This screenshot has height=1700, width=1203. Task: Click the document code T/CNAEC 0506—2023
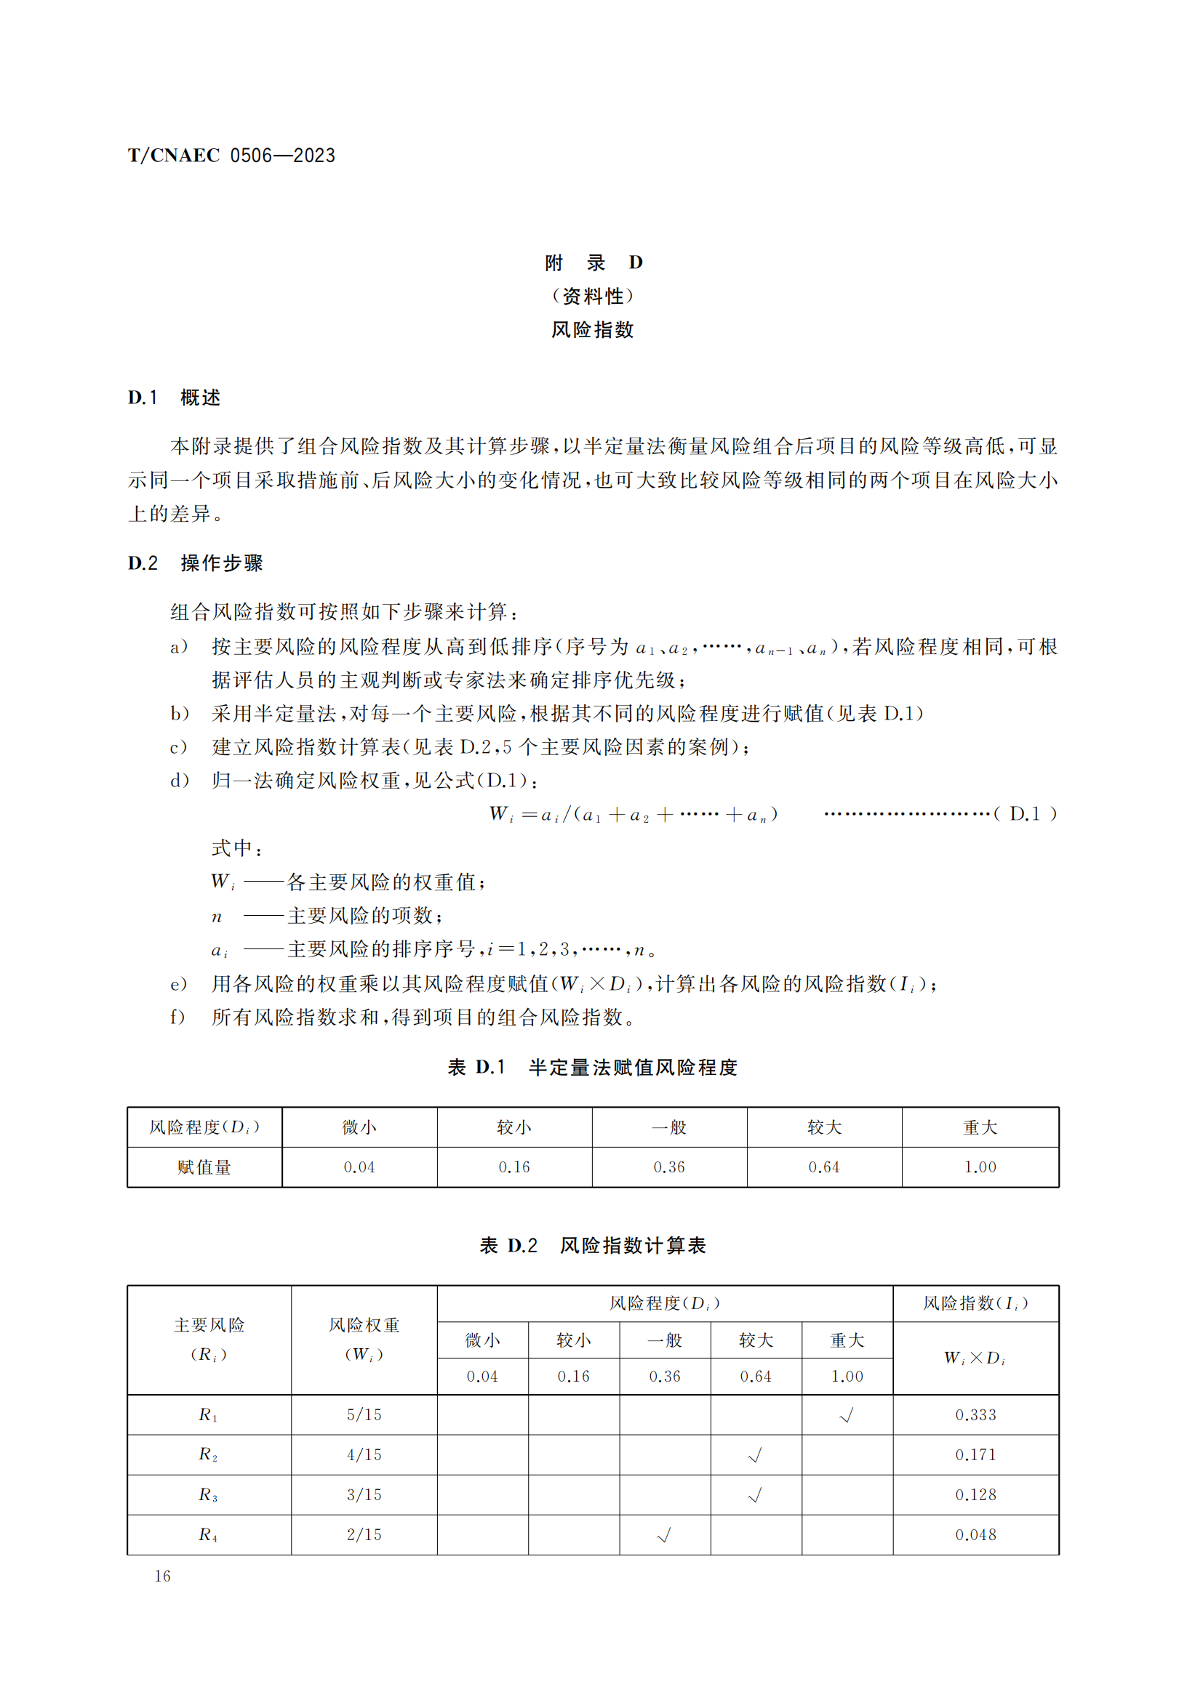pyautogui.click(x=231, y=156)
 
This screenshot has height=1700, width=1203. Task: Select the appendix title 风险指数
pyautogui.click(x=592, y=329)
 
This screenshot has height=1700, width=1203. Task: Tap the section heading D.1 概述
pyautogui.click(x=174, y=398)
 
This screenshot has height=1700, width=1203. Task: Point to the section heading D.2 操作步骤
pyautogui.click(x=195, y=563)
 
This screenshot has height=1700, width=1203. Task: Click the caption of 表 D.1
pyautogui.click(x=592, y=1067)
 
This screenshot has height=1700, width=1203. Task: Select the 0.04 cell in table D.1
pyautogui.click(x=359, y=1167)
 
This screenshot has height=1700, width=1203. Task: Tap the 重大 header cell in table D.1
pyautogui.click(x=980, y=1127)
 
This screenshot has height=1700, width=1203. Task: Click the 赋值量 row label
pyautogui.click(x=204, y=1167)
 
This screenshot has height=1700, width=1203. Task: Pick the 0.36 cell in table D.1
pyautogui.click(x=669, y=1167)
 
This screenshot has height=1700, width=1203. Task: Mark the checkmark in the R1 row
pyautogui.click(x=847, y=1415)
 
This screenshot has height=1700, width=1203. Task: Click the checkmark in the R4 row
pyautogui.click(x=665, y=1535)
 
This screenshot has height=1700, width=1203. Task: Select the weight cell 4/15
pyautogui.click(x=364, y=1454)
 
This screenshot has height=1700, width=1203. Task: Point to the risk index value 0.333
pyautogui.click(x=975, y=1414)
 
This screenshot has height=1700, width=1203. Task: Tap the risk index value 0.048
pyautogui.click(x=975, y=1534)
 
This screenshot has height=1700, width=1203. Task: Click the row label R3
pyautogui.click(x=208, y=1494)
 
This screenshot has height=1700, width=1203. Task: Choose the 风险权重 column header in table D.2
pyautogui.click(x=364, y=1339)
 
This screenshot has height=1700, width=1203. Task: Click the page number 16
pyautogui.click(x=162, y=1576)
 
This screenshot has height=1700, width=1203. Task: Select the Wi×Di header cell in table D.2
pyautogui.click(x=975, y=1357)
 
